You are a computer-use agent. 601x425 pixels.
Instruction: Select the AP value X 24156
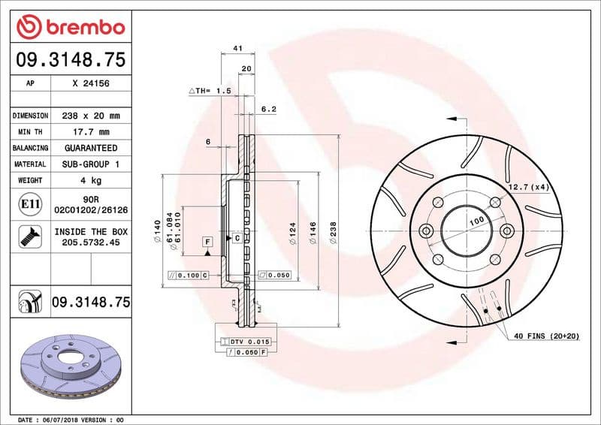tap(90, 83)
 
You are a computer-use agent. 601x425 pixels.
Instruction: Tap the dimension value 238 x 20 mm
tap(90, 116)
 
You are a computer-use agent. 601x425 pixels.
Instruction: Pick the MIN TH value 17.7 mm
tap(90, 132)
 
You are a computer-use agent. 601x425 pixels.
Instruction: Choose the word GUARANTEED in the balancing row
tap(90, 148)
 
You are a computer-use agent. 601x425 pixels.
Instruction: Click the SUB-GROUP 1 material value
tap(90, 164)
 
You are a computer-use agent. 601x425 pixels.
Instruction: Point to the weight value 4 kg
tap(90, 180)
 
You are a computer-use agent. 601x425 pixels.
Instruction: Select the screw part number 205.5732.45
tap(90, 243)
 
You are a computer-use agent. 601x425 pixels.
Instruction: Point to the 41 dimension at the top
tap(237, 48)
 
